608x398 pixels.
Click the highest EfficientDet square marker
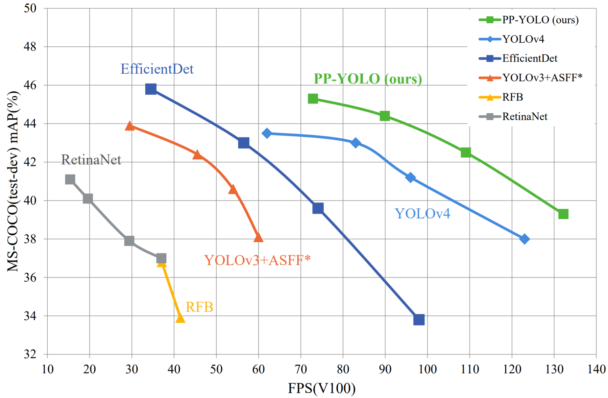pos(151,89)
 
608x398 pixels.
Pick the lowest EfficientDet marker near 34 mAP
pos(419,319)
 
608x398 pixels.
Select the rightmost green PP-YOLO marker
pos(563,214)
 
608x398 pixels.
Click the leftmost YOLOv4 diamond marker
pos(267,133)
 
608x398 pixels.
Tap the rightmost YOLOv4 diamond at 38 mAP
pos(524,239)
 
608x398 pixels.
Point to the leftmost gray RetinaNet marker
pos(70,179)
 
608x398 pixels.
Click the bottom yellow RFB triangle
pos(180,318)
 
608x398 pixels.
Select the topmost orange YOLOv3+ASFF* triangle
pos(130,126)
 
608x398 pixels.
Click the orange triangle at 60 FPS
pos(258,237)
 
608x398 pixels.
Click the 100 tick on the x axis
pos(427,369)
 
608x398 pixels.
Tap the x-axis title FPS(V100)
pos(321,388)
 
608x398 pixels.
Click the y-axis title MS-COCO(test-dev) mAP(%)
pos(13,181)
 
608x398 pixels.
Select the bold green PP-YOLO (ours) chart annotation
pos(368,79)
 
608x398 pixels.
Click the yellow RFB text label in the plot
pos(199,307)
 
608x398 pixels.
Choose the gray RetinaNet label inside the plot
pos(91,160)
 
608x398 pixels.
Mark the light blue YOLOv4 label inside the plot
pos(422,214)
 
